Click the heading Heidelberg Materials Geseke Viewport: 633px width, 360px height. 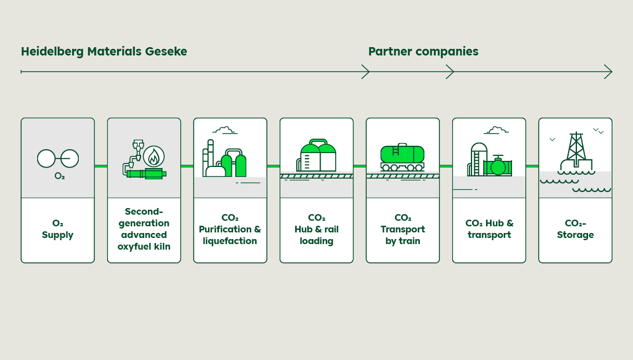[104, 52]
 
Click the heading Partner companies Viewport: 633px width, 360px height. [423, 52]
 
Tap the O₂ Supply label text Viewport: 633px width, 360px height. [58, 229]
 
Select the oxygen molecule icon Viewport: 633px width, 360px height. [58, 159]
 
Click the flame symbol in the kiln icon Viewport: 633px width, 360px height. [154, 156]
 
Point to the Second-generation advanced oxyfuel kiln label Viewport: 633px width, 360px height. [144, 229]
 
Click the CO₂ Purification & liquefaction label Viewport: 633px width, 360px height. [230, 229]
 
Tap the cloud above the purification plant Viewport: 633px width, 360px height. [224, 130]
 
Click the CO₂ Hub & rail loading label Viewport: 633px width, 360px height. [316, 229]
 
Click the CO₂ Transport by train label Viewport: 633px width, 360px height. [403, 229]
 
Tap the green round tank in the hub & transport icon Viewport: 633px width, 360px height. [498, 167]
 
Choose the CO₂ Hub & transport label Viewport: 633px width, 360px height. [489, 229]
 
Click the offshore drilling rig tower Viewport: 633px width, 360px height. [576, 147]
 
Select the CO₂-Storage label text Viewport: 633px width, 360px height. [575, 229]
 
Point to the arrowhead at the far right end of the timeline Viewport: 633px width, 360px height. [609, 72]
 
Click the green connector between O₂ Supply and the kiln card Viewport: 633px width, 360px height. [100, 166]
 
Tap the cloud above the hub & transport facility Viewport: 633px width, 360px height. [496, 130]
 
